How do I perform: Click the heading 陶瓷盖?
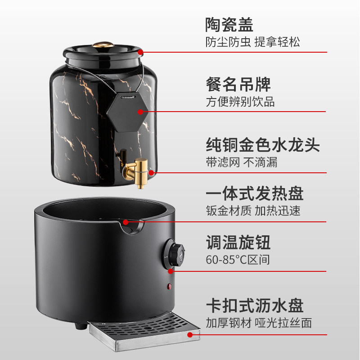pyautogui.click(x=229, y=25)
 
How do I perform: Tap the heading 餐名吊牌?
pyautogui.click(x=238, y=84)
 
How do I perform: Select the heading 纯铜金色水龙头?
pyautogui.click(x=263, y=145)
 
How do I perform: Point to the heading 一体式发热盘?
pyautogui.click(x=255, y=193)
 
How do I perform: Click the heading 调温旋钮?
pyautogui.click(x=238, y=243)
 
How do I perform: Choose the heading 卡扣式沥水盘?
pyautogui.click(x=255, y=306)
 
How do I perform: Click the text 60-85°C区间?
pyautogui.click(x=238, y=260)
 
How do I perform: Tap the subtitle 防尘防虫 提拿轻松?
pyautogui.click(x=252, y=42)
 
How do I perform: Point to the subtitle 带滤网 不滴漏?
pyautogui.click(x=242, y=162)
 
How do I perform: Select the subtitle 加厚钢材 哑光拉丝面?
pyautogui.click(x=259, y=323)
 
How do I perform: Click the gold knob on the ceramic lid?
pyautogui.click(x=103, y=44)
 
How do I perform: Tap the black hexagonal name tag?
pyautogui.click(x=128, y=113)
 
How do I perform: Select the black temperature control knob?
pyautogui.click(x=175, y=254)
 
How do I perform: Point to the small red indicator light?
pyautogui.click(x=170, y=286)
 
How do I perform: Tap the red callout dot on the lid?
pyautogui.click(x=140, y=52)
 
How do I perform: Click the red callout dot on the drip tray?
pyautogui.click(x=190, y=335)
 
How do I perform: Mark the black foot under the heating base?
pyautogui.click(x=81, y=325)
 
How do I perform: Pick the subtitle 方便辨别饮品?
pyautogui.click(x=240, y=102)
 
